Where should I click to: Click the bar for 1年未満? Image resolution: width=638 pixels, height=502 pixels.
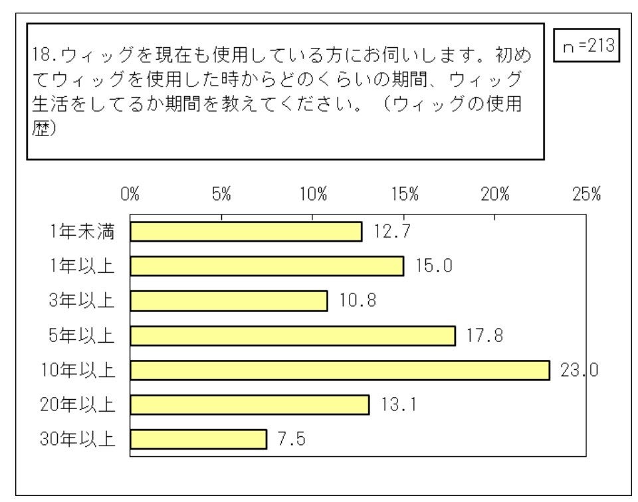(x=246, y=232)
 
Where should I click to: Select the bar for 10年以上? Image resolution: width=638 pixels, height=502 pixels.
(x=340, y=370)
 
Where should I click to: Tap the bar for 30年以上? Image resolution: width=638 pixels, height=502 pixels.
(x=198, y=439)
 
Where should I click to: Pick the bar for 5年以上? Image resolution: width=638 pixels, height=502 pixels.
(x=292, y=336)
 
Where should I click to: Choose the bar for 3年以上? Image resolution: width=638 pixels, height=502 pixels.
(x=229, y=301)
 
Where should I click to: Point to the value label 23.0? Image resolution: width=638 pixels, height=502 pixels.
(x=580, y=370)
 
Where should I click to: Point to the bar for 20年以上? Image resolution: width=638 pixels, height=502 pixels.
(x=249, y=404)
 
